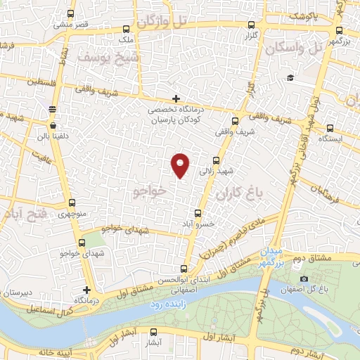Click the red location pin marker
(181, 164)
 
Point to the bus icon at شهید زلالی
(216, 161)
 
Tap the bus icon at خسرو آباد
(198, 212)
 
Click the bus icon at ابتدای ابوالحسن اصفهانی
(184, 268)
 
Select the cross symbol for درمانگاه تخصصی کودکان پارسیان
(176, 98)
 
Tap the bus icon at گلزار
(251, 23)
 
